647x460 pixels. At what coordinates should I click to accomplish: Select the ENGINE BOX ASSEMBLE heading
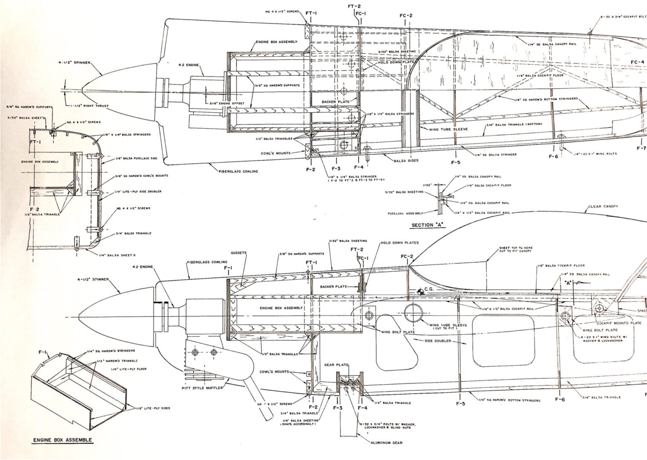(x=62, y=440)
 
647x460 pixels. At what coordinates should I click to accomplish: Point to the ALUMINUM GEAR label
(x=385, y=443)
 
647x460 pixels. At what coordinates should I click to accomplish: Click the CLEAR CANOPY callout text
(x=603, y=207)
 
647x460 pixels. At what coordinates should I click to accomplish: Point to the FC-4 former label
(x=638, y=62)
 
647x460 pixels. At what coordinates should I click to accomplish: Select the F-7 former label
(x=641, y=148)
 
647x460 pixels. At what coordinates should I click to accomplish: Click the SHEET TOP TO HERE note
(x=515, y=247)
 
